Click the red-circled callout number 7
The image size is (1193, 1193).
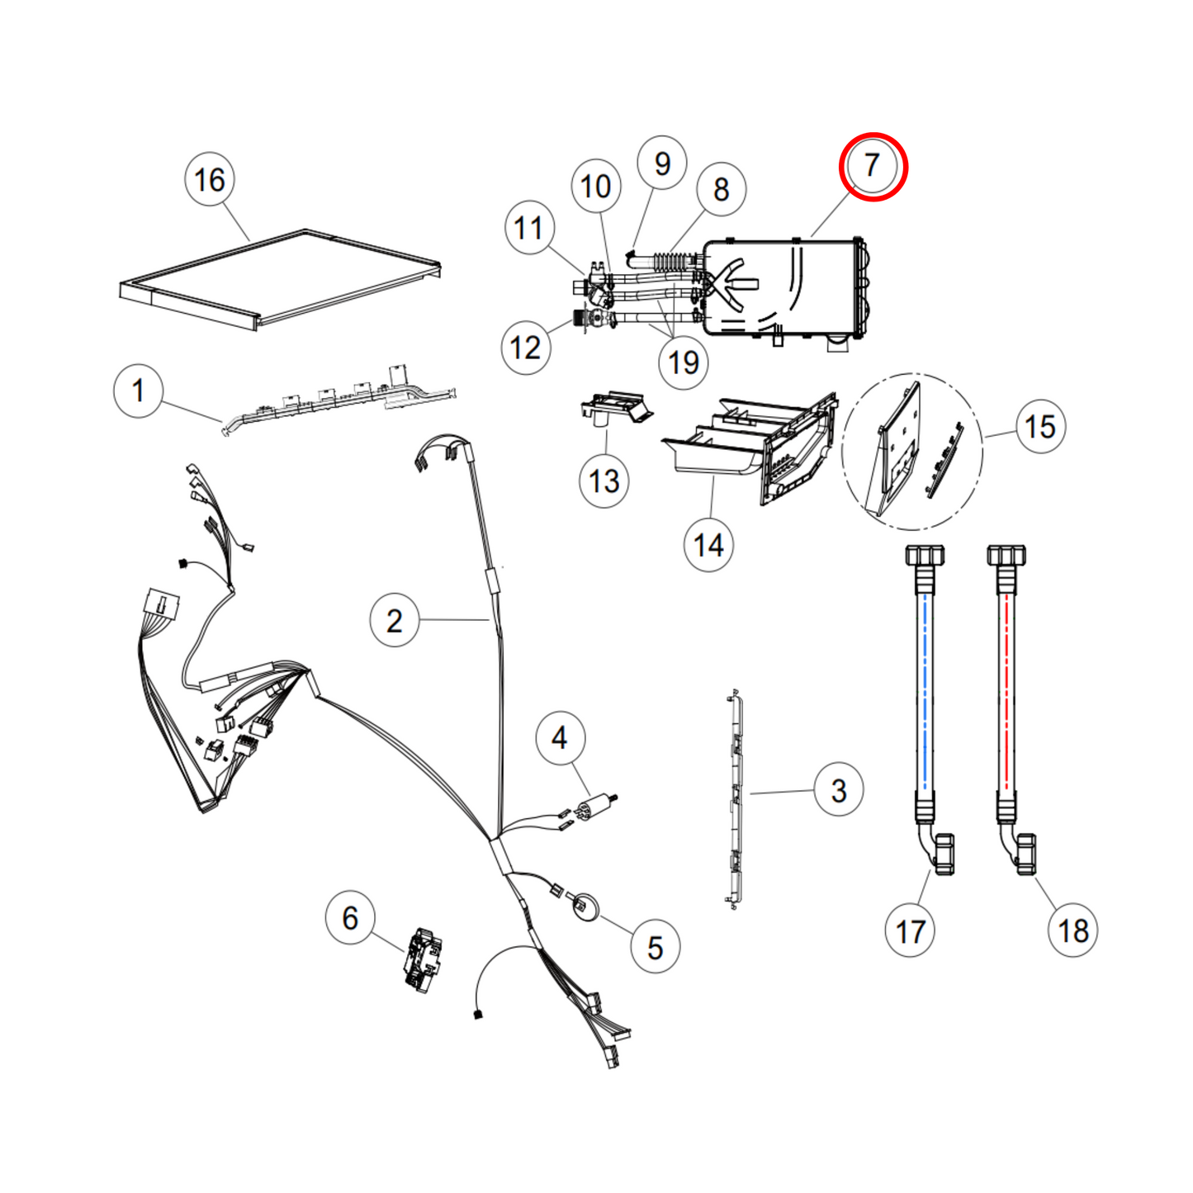(x=873, y=166)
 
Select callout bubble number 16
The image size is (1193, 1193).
(x=210, y=179)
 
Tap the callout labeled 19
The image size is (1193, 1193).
(x=683, y=362)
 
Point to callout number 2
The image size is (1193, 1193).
(x=395, y=621)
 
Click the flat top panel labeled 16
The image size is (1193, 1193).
(x=281, y=281)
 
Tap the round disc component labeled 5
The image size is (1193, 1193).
(x=585, y=907)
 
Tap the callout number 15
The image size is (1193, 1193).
(x=1040, y=427)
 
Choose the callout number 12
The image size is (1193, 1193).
(x=526, y=348)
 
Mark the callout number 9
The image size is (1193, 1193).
(x=662, y=163)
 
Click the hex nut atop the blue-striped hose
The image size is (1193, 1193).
(x=925, y=555)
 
